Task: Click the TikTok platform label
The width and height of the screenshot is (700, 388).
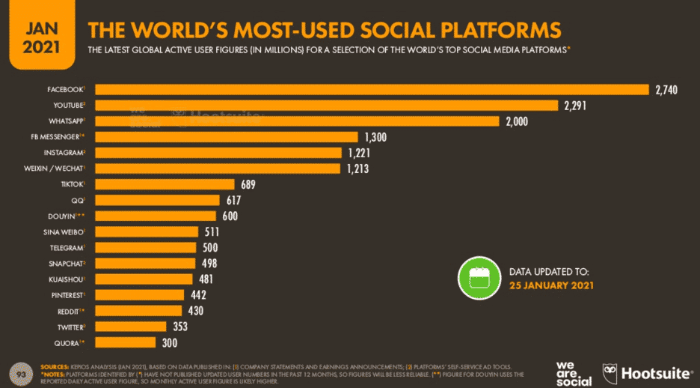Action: (x=73, y=184)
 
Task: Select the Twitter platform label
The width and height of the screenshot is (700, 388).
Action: (x=71, y=327)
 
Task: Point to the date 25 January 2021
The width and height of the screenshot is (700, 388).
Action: (x=553, y=285)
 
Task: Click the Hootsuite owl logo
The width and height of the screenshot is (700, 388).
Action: (x=612, y=371)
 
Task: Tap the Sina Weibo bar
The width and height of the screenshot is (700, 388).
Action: (x=147, y=232)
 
